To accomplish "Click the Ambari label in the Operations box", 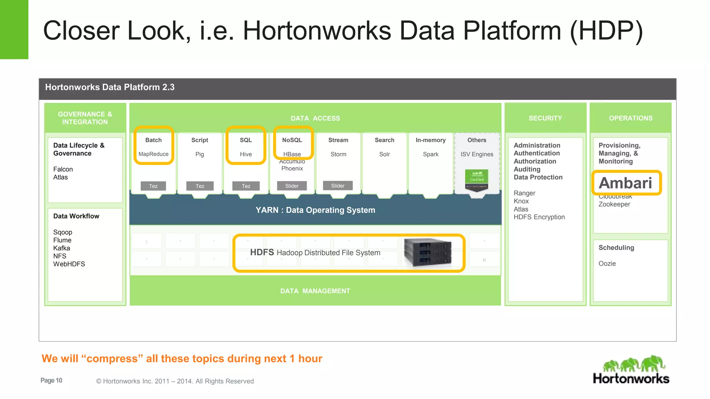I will [x=625, y=183].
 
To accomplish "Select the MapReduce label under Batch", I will [x=153, y=154].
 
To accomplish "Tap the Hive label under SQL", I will [x=246, y=154].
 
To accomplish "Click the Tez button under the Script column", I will [x=200, y=186].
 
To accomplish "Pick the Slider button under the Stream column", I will [x=338, y=186].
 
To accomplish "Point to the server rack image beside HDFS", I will [x=428, y=253].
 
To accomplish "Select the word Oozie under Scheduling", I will [x=607, y=264].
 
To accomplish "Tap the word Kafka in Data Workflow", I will [x=62, y=248].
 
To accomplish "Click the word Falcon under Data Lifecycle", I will [x=63, y=169].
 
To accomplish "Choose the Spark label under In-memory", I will [x=431, y=154].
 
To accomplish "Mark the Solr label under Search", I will [x=384, y=154].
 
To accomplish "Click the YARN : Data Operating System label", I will [x=315, y=210].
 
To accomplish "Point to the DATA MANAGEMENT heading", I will [x=315, y=291].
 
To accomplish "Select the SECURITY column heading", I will [x=545, y=118].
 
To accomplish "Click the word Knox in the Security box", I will [x=521, y=201].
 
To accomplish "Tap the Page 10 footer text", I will [x=51, y=380].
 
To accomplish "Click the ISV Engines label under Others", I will [x=477, y=154].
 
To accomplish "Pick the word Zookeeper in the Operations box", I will [x=614, y=204].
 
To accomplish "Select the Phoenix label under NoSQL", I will [x=292, y=169].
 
